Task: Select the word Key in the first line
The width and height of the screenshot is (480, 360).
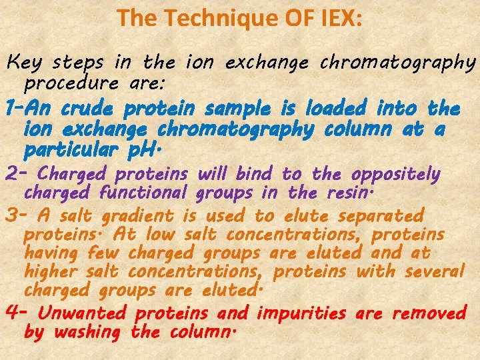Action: click(x=23, y=63)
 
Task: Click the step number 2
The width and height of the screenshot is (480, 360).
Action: click(x=11, y=174)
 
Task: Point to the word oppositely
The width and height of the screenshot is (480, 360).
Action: click(x=396, y=175)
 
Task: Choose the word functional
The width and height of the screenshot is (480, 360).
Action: click(x=143, y=194)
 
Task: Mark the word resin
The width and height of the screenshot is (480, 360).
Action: click(x=351, y=194)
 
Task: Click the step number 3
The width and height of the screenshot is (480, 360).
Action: click(x=11, y=215)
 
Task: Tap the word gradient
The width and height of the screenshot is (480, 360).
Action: click(x=139, y=216)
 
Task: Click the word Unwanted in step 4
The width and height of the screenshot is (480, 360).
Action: click(x=82, y=312)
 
